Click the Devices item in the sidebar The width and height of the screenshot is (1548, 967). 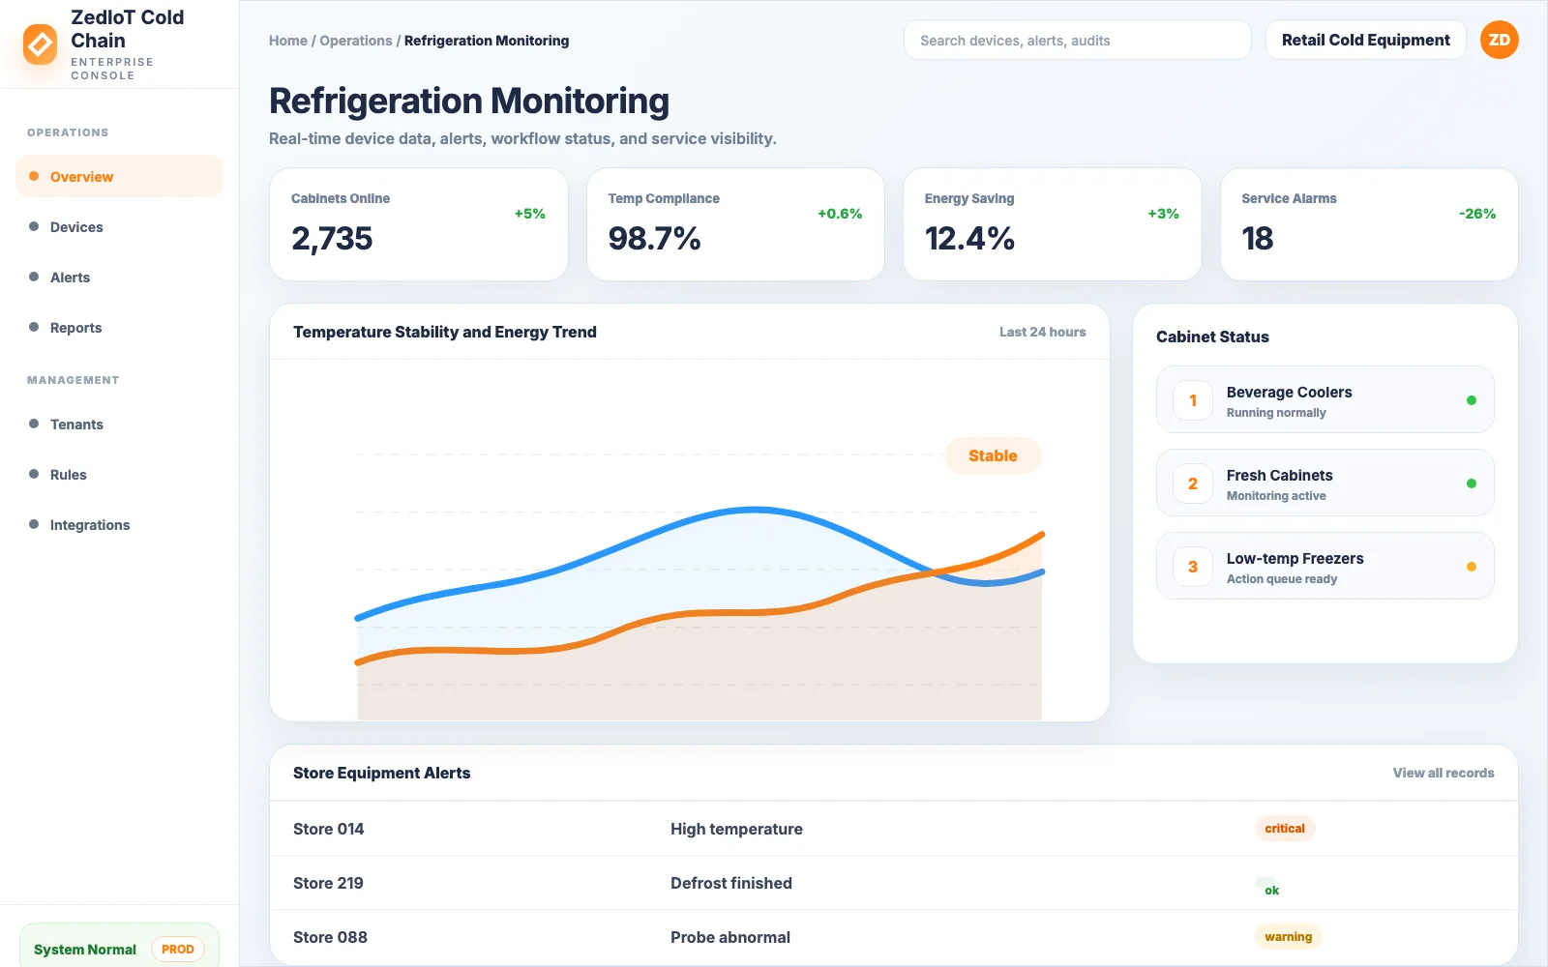76,227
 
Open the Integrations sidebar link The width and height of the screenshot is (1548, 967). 90,525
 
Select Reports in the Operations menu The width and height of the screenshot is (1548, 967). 76,328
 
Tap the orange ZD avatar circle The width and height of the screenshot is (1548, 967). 1499,40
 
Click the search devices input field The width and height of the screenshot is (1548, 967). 1078,40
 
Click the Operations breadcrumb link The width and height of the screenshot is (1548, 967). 355,41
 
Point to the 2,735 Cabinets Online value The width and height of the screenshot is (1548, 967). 332,238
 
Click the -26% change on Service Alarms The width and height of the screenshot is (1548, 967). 1476,214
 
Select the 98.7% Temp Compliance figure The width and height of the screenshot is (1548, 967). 654,238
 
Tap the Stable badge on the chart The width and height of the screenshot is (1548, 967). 993,455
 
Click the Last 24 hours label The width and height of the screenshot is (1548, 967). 1042,333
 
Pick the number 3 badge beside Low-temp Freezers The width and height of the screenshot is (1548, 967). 1192,567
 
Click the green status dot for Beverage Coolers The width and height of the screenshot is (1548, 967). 1472,400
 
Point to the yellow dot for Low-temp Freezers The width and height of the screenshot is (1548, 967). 1472,567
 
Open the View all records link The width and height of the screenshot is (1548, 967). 1443,773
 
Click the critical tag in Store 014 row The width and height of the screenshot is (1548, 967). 1284,828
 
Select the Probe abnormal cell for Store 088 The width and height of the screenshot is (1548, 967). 729,937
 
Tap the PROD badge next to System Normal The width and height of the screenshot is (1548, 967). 178,949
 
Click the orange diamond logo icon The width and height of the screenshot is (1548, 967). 40,44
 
